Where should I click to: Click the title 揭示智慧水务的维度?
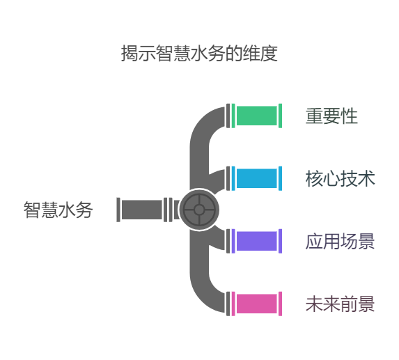[199, 54]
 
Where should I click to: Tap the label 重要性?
[331, 116]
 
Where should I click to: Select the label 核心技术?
[341, 178]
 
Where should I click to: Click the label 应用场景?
[341, 241]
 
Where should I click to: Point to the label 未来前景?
[341, 304]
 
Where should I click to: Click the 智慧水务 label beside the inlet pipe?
[58, 210]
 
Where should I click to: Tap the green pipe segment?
[256, 116]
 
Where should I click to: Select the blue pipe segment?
[256, 178]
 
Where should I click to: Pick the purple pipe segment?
[256, 241]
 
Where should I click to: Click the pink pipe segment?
[256, 304]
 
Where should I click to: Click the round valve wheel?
[199, 210]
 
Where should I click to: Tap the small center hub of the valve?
[199, 210]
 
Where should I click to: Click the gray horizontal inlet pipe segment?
[142, 210]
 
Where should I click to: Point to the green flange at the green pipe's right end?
[280, 116]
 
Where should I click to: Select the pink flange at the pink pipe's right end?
[280, 304]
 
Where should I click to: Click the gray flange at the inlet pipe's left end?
[118, 210]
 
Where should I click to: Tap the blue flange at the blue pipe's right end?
[280, 178]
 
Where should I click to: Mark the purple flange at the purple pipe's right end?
[280, 241]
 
